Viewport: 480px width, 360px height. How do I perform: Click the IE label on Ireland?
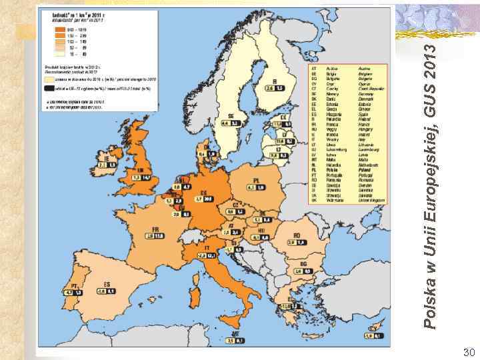coord(103,159)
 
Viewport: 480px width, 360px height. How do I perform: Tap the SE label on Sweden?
coord(230,115)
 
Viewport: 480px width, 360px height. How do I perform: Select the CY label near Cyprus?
coord(373,328)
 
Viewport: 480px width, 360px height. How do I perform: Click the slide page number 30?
coord(467,351)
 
